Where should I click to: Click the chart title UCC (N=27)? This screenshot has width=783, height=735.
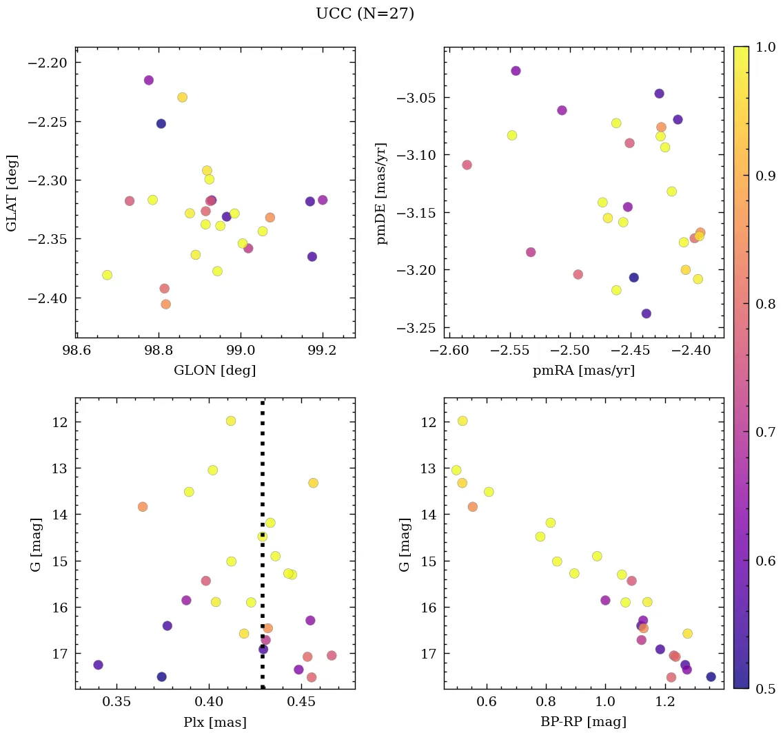click(365, 14)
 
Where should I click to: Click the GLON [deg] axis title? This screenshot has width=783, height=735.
click(214, 371)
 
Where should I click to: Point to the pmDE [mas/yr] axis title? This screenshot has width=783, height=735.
click(381, 194)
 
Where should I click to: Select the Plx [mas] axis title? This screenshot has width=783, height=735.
click(214, 722)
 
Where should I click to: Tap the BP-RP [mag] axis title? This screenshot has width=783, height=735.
click(583, 722)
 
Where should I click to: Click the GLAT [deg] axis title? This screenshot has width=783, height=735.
click(12, 193)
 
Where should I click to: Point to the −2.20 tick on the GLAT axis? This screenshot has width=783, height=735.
click(48, 63)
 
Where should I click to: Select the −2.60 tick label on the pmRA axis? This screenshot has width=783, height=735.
click(449, 351)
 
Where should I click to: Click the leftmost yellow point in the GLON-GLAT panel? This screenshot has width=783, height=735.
click(107, 275)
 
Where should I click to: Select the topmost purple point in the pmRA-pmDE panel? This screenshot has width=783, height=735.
click(516, 71)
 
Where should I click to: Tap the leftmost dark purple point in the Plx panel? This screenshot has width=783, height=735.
click(98, 665)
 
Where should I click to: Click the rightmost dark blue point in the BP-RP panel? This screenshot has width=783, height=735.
click(711, 676)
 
